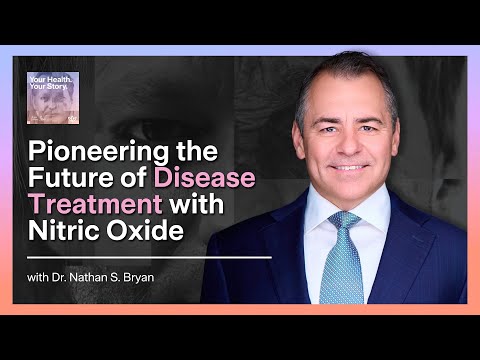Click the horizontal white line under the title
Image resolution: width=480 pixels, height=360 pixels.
150,257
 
